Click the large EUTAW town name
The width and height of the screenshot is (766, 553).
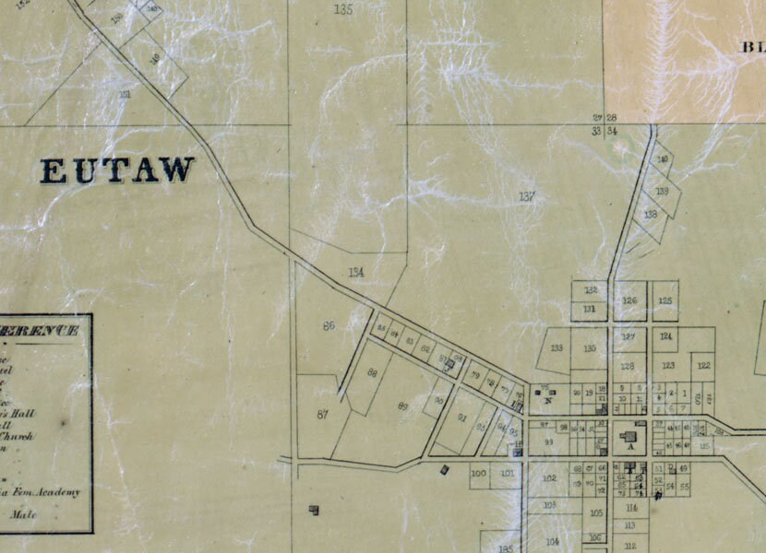pyautogui.click(x=117, y=171)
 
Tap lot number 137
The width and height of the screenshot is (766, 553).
pyautogui.click(x=527, y=196)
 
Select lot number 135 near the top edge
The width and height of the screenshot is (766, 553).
pyautogui.click(x=343, y=9)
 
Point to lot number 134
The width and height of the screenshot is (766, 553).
pyautogui.click(x=357, y=272)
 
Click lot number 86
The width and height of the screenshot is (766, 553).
pyautogui.click(x=329, y=326)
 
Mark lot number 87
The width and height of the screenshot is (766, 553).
pyautogui.click(x=322, y=415)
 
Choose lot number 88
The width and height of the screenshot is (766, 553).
pyautogui.click(x=372, y=373)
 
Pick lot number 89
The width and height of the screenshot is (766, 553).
pyautogui.click(x=402, y=406)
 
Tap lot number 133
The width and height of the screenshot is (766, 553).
pyautogui.click(x=557, y=347)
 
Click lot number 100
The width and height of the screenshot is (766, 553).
pyautogui.click(x=478, y=474)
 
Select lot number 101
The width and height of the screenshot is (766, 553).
pyautogui.click(x=508, y=474)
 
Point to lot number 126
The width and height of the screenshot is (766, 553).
pyautogui.click(x=630, y=301)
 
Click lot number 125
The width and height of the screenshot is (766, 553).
pyautogui.click(x=664, y=300)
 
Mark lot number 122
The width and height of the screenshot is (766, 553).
pyautogui.click(x=703, y=366)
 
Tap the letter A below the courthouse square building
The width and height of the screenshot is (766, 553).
pyautogui.click(x=631, y=447)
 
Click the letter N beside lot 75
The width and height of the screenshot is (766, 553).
pyautogui.click(x=548, y=401)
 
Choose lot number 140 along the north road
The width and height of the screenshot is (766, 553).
pyautogui.click(x=662, y=159)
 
